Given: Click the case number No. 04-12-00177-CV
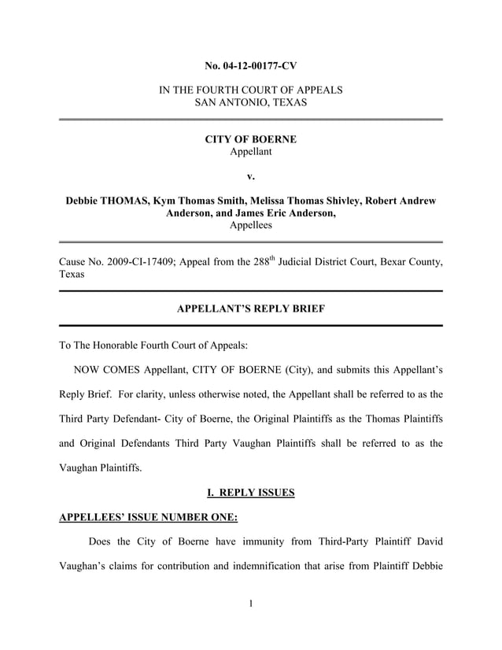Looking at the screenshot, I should pos(250,64).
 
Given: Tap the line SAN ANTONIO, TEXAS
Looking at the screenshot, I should pos(250,103).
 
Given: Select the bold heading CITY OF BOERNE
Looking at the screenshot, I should pos(250,139).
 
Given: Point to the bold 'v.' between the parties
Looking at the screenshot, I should pos(250,176).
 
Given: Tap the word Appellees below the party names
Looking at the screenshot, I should pos(250,225).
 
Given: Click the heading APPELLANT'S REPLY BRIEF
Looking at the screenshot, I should pos(250,309).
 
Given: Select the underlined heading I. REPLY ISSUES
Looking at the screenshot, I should pos(250,493).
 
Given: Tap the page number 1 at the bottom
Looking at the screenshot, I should pos(250,604).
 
